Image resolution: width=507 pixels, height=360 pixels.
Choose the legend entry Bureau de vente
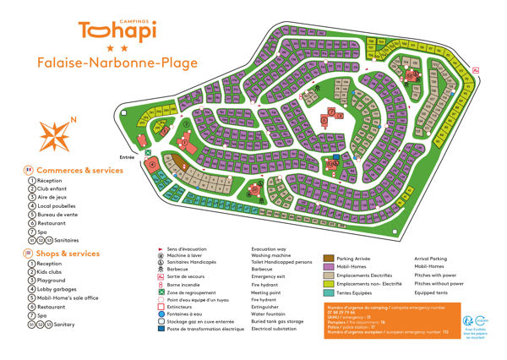[58, 215]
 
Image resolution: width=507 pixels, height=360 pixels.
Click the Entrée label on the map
[128, 157]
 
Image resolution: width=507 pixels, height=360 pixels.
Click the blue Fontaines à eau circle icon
[161, 313]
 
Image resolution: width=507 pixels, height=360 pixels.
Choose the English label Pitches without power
[439, 284]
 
